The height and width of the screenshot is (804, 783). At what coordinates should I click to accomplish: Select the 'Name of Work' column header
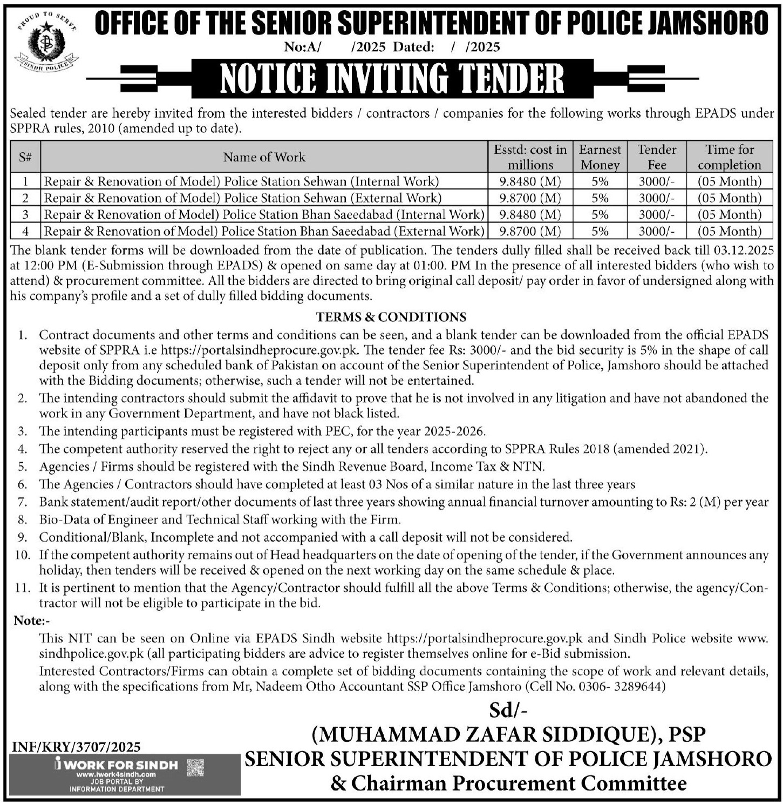point(264,157)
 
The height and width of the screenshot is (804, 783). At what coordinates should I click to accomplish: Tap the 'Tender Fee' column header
point(656,157)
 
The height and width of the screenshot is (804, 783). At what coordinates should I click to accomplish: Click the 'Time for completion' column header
point(729,157)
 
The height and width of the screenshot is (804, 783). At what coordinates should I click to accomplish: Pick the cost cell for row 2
point(530,198)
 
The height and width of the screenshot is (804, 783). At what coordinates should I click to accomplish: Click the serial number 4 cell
point(25,231)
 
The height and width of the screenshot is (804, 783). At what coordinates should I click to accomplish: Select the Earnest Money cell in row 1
point(600,181)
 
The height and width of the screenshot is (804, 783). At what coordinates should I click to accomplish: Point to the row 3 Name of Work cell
point(264,214)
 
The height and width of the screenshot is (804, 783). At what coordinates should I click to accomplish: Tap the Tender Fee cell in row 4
point(656,231)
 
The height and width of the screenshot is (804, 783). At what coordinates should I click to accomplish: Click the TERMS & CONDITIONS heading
point(391,316)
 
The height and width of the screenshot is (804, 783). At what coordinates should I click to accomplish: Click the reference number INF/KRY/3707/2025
point(76,747)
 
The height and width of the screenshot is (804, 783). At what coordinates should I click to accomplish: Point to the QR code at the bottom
point(195,767)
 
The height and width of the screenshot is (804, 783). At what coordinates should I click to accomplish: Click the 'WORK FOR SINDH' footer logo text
point(123,765)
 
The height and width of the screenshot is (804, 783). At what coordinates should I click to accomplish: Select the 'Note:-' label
point(31,621)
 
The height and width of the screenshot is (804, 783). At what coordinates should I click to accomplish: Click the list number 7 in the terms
point(22,502)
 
